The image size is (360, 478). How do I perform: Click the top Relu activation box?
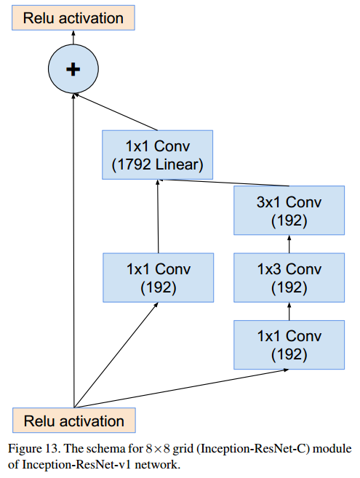[73, 17]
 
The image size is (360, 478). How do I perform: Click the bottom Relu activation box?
[73, 421]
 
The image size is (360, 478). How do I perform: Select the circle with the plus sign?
[73, 69]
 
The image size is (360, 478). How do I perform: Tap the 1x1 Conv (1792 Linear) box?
[158, 155]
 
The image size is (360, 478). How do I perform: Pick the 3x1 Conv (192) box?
[289, 210]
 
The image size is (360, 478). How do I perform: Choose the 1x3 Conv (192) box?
[289, 278]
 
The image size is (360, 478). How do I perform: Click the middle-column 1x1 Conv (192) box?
[158, 277]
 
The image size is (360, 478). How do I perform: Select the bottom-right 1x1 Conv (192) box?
[289, 345]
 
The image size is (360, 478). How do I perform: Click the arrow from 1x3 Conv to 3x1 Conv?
[289, 244]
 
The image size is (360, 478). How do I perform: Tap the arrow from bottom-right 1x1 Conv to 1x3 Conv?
[289, 311]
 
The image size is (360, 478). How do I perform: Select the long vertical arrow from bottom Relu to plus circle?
[73, 255]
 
